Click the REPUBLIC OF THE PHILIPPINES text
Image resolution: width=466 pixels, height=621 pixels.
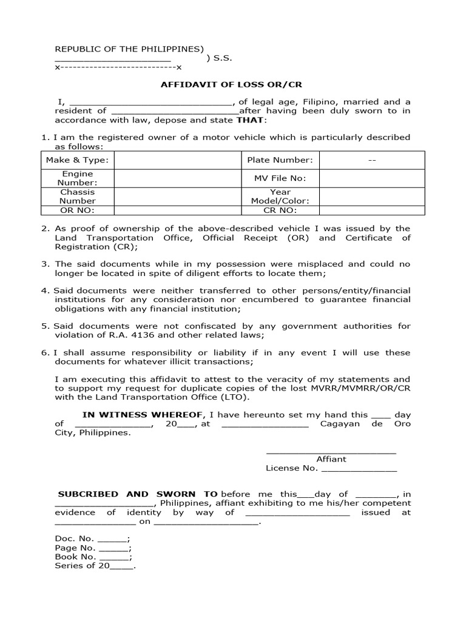click(x=130, y=49)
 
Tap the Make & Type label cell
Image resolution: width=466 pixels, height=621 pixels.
click(x=77, y=160)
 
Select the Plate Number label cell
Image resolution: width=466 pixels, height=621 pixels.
click(x=280, y=160)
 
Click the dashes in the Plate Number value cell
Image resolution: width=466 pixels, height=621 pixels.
click(x=372, y=160)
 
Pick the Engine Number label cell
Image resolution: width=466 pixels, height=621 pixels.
click(x=77, y=178)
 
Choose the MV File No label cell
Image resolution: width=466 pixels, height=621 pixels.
click(x=280, y=178)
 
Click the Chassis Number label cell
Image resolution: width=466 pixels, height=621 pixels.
click(x=77, y=196)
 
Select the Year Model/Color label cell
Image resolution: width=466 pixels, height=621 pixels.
click(x=280, y=196)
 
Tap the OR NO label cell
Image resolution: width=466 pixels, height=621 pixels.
click(x=77, y=210)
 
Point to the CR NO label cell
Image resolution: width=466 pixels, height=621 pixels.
click(x=280, y=210)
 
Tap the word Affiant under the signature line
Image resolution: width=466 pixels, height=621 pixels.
click(x=331, y=459)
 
